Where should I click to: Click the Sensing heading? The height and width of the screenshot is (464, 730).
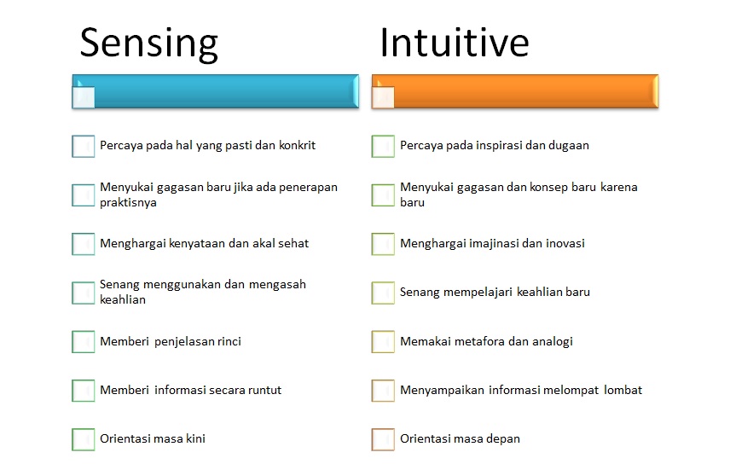148,43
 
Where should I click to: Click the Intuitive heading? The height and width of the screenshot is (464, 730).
454,42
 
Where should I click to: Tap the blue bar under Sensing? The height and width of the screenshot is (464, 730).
216,91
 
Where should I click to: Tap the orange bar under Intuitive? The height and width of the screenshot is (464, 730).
516,91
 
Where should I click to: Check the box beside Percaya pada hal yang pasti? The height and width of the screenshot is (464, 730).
83,146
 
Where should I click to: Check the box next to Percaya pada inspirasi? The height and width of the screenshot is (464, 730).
383,146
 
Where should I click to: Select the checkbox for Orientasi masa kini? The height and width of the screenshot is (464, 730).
83,439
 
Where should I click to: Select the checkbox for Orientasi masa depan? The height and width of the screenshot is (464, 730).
383,439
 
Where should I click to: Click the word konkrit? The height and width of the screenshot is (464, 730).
297,145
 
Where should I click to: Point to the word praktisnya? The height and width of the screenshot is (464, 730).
128,202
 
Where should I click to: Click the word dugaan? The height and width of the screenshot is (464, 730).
567,145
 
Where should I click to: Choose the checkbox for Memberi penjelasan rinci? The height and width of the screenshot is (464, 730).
83,341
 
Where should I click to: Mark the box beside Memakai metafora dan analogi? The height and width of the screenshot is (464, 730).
383,341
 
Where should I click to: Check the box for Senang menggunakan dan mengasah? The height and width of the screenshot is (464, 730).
83,293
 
